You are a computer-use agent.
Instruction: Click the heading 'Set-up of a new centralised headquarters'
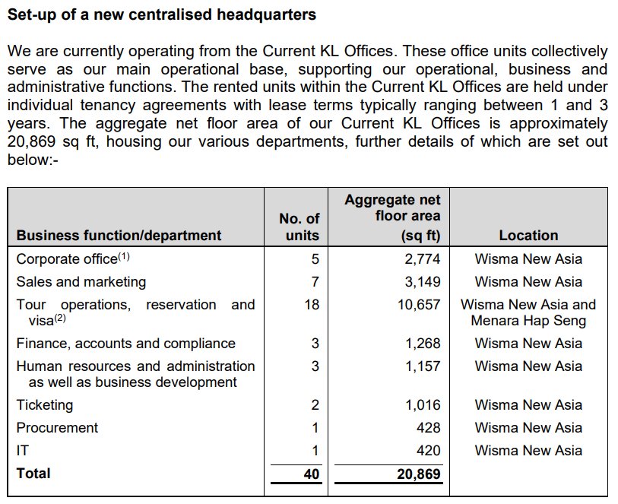pos(161,14)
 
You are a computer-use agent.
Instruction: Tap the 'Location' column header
pos(528,236)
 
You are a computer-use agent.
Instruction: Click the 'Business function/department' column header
pos(119,236)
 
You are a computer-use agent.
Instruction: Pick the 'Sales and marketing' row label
pos(81,282)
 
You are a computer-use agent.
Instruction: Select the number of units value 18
pos(311,305)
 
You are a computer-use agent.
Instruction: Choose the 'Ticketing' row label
pos(45,405)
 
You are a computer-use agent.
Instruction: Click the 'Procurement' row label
pos(58,428)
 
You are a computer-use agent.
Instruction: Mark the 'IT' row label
pos(23,451)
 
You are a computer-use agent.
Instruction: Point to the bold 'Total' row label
pos(33,474)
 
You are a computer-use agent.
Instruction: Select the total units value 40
pos(310,474)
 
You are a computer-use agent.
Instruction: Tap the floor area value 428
pos(428,428)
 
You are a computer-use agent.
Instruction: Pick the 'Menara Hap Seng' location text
pos(528,321)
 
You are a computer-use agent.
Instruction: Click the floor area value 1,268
pos(423,344)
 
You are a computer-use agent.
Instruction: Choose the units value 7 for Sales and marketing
pos(315,282)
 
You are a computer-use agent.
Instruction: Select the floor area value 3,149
pos(423,282)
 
